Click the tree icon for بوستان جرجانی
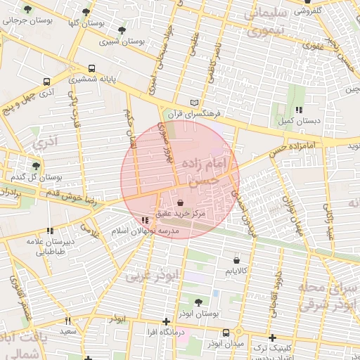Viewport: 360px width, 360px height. point(27,10)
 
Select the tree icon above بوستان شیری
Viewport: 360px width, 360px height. point(122,31)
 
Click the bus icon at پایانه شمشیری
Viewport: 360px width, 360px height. point(92,69)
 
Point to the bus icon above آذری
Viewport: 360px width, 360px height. point(46,82)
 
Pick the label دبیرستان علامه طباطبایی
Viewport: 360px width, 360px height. point(50,244)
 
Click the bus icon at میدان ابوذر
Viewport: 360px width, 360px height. point(226,333)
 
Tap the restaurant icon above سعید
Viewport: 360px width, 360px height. point(67,321)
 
